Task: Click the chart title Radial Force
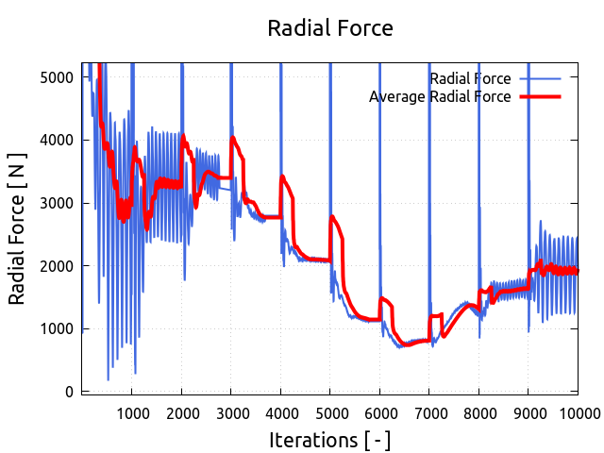pyautogui.click(x=330, y=28)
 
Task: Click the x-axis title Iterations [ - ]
pyautogui.click(x=329, y=440)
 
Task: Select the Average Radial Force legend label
pyautogui.click(x=440, y=96)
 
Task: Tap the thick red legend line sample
pyautogui.click(x=538, y=96)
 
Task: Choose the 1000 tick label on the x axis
pyautogui.click(x=132, y=411)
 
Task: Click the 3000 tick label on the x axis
pyautogui.click(x=231, y=411)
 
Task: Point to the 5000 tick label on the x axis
pyautogui.click(x=330, y=411)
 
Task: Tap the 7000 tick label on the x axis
pyautogui.click(x=429, y=411)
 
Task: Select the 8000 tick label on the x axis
pyautogui.click(x=478, y=411)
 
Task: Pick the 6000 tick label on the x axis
pyautogui.click(x=379, y=411)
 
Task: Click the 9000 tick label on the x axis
pyautogui.click(x=528, y=411)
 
